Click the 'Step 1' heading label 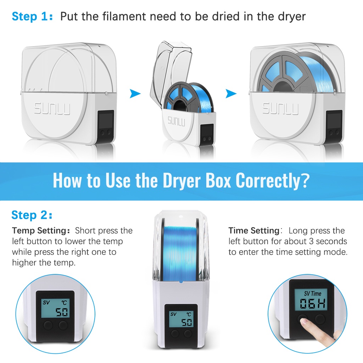31,16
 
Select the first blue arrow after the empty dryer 135,94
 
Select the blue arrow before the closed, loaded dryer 231,94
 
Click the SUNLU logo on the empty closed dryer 52,109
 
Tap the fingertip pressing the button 304,322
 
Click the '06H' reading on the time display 312,304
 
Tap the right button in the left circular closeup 63,325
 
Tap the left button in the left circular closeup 48,325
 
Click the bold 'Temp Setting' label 39,231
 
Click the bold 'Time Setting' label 254,231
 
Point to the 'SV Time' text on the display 312,294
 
